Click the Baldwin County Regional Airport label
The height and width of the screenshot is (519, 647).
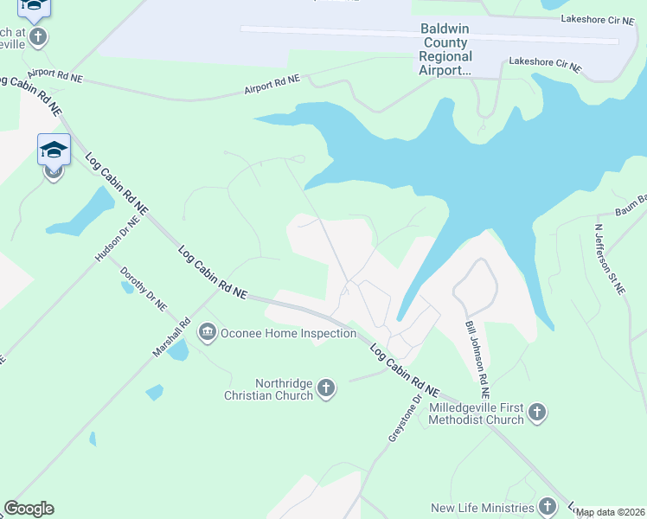[x=445, y=49]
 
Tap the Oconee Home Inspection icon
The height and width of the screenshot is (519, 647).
[x=208, y=332]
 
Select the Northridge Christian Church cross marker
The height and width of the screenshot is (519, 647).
[x=326, y=388]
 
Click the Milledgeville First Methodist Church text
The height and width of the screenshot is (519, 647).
[x=476, y=413]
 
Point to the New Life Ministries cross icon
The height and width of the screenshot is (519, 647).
[x=547, y=507]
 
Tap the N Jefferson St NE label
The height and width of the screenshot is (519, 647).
[x=609, y=259]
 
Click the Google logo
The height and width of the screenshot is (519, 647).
[x=29, y=509]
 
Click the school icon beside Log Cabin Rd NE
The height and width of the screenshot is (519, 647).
[x=54, y=151]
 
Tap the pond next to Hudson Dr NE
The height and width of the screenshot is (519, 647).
[x=83, y=214]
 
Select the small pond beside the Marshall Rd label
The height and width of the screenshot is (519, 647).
[x=178, y=350]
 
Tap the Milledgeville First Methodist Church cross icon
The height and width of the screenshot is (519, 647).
[x=536, y=413]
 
